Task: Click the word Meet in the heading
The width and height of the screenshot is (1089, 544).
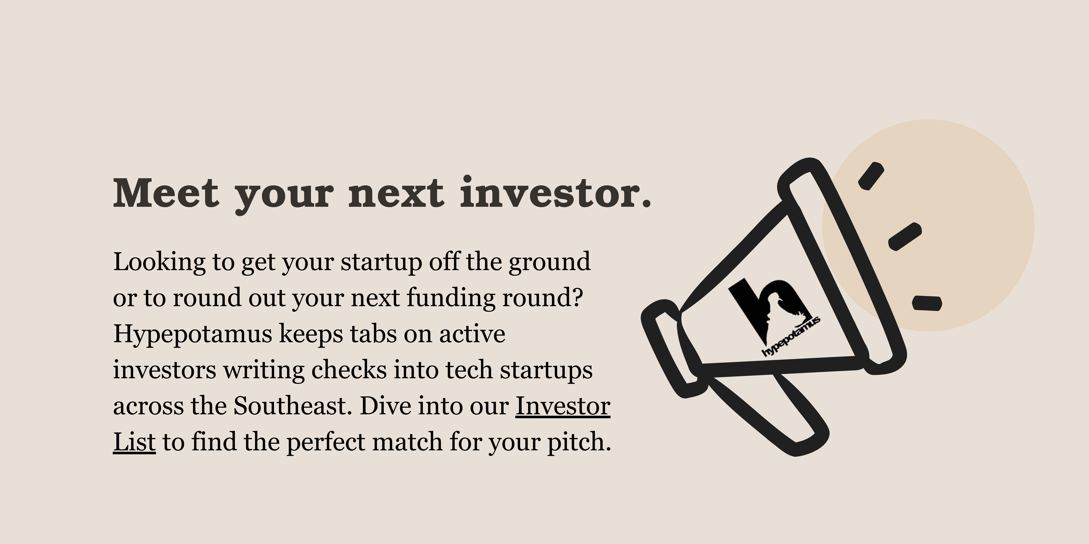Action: (166, 193)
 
